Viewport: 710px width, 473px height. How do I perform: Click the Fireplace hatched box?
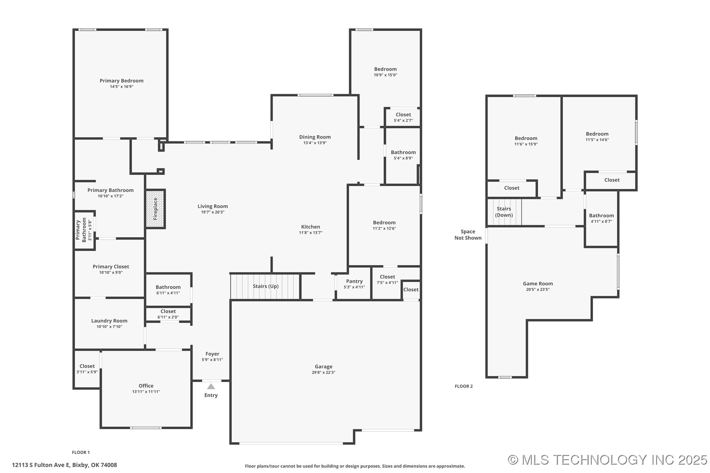tap(155, 209)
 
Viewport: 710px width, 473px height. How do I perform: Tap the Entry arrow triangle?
tap(211, 386)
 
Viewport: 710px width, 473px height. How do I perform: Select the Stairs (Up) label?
tap(265, 286)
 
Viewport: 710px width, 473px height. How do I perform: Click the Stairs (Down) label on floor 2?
tap(504, 212)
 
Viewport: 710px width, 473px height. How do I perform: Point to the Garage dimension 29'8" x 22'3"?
tap(323, 372)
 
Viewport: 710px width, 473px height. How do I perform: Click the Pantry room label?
tap(354, 281)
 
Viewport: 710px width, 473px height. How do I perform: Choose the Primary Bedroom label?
tap(121, 81)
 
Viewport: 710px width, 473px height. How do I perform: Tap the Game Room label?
tap(538, 284)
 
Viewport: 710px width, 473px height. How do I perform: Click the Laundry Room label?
tap(109, 321)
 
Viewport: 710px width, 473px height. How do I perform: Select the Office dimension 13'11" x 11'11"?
tap(146, 391)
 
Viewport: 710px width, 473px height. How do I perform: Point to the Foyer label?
tap(212, 354)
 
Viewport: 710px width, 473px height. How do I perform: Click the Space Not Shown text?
tap(468, 235)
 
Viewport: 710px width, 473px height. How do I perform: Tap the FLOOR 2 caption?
tap(463, 386)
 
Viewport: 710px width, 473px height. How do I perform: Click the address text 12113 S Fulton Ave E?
tap(65, 465)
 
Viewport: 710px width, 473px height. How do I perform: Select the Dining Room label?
tap(315, 137)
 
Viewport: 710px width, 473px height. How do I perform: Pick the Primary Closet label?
tap(111, 267)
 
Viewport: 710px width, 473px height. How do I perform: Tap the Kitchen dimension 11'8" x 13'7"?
tap(310, 232)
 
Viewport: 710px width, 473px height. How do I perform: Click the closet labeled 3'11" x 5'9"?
tap(87, 369)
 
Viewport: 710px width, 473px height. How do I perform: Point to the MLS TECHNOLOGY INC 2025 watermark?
tap(607, 460)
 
